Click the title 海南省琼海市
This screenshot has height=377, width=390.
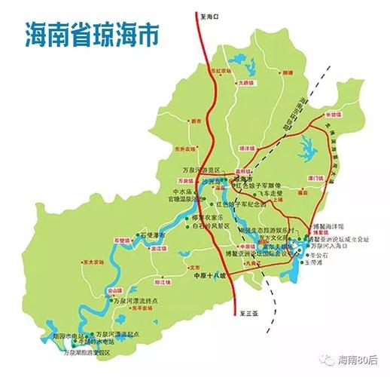[94, 33]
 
